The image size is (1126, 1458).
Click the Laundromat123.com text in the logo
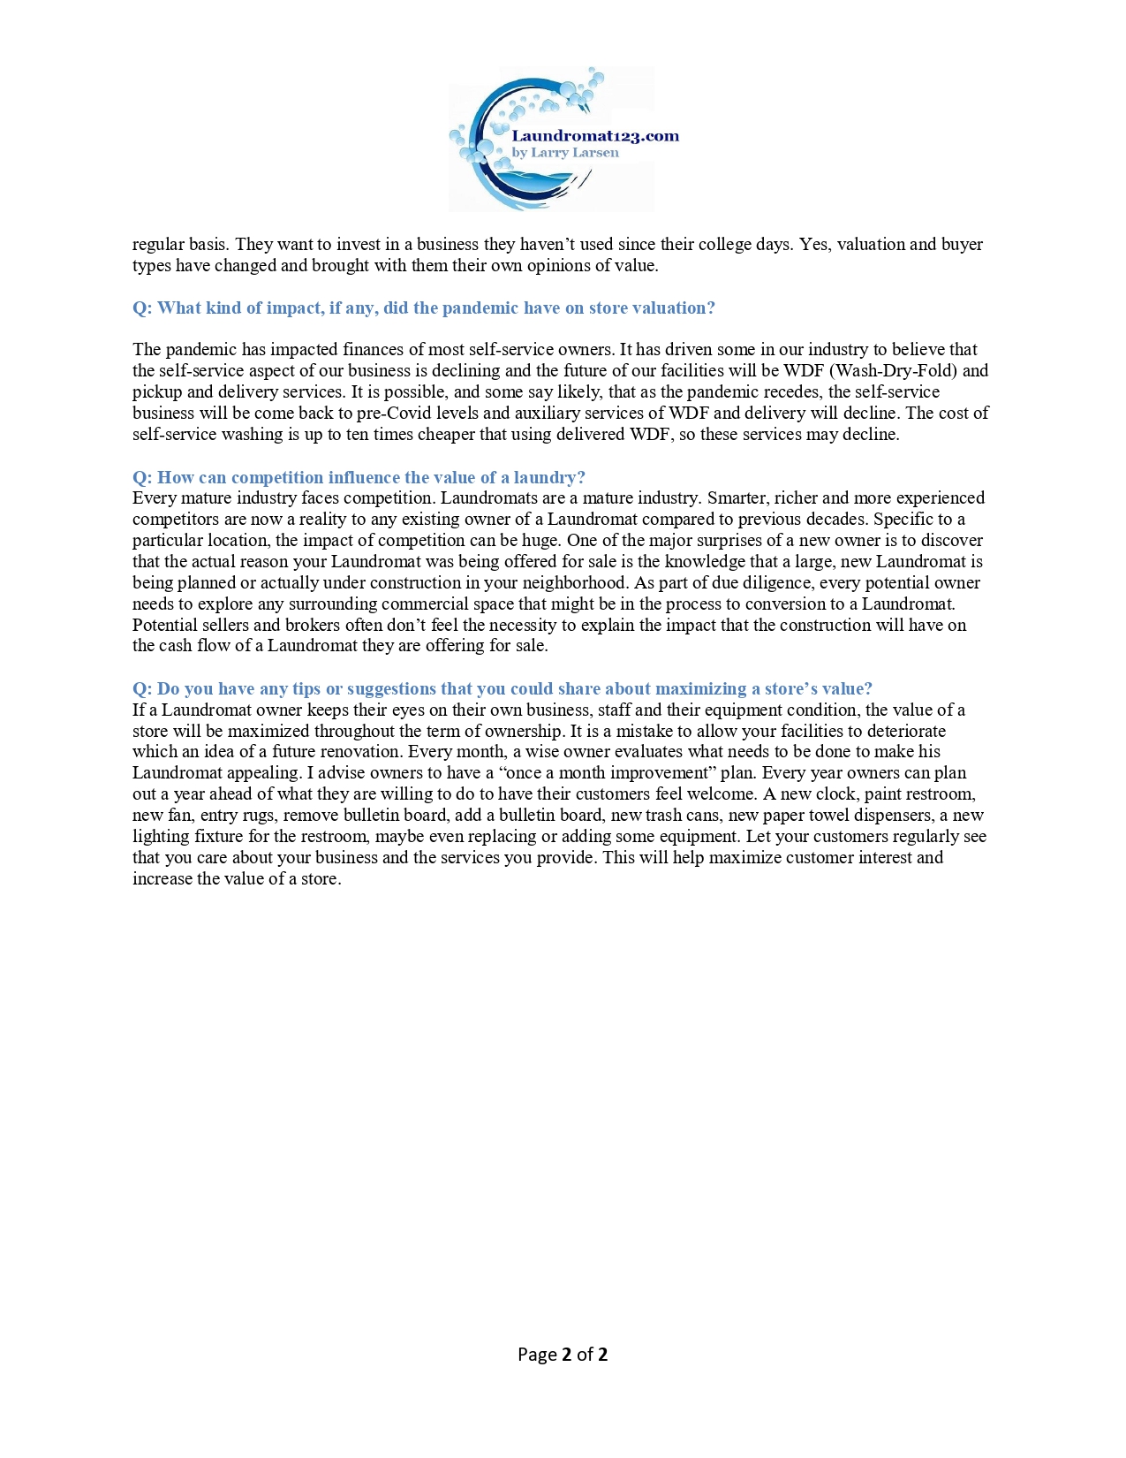[x=595, y=136]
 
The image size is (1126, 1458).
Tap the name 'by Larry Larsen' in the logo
[x=565, y=153]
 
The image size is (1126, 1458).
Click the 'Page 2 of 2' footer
[x=563, y=1355]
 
